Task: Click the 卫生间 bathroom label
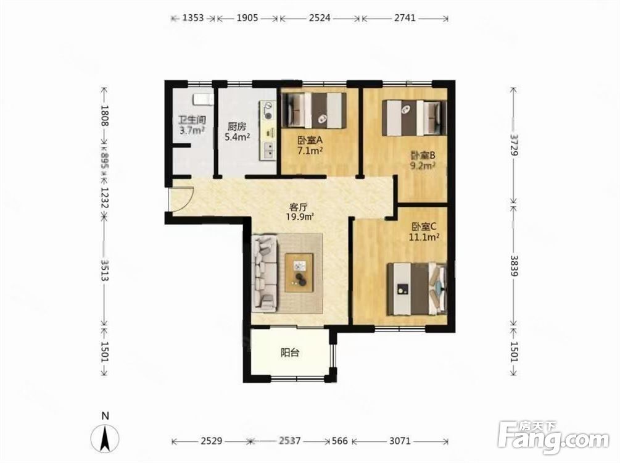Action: coord(192,120)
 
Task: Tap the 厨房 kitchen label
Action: coord(236,127)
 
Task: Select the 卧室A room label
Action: coord(310,140)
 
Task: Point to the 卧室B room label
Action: coord(423,155)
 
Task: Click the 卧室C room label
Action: coord(423,227)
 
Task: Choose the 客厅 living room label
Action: coord(299,207)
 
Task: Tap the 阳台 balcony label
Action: coord(290,352)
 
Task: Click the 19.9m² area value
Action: coord(300,217)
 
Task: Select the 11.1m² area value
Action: coord(424,237)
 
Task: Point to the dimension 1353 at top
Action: coord(193,18)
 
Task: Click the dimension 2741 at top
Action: coord(405,18)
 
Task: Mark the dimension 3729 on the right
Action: coord(514,144)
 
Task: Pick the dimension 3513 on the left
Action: coord(105,270)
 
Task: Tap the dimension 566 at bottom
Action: coord(340,440)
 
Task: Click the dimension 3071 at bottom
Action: coord(400,440)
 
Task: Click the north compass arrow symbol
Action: coord(105,439)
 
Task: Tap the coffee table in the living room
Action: coord(299,273)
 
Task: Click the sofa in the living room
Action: coord(265,272)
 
